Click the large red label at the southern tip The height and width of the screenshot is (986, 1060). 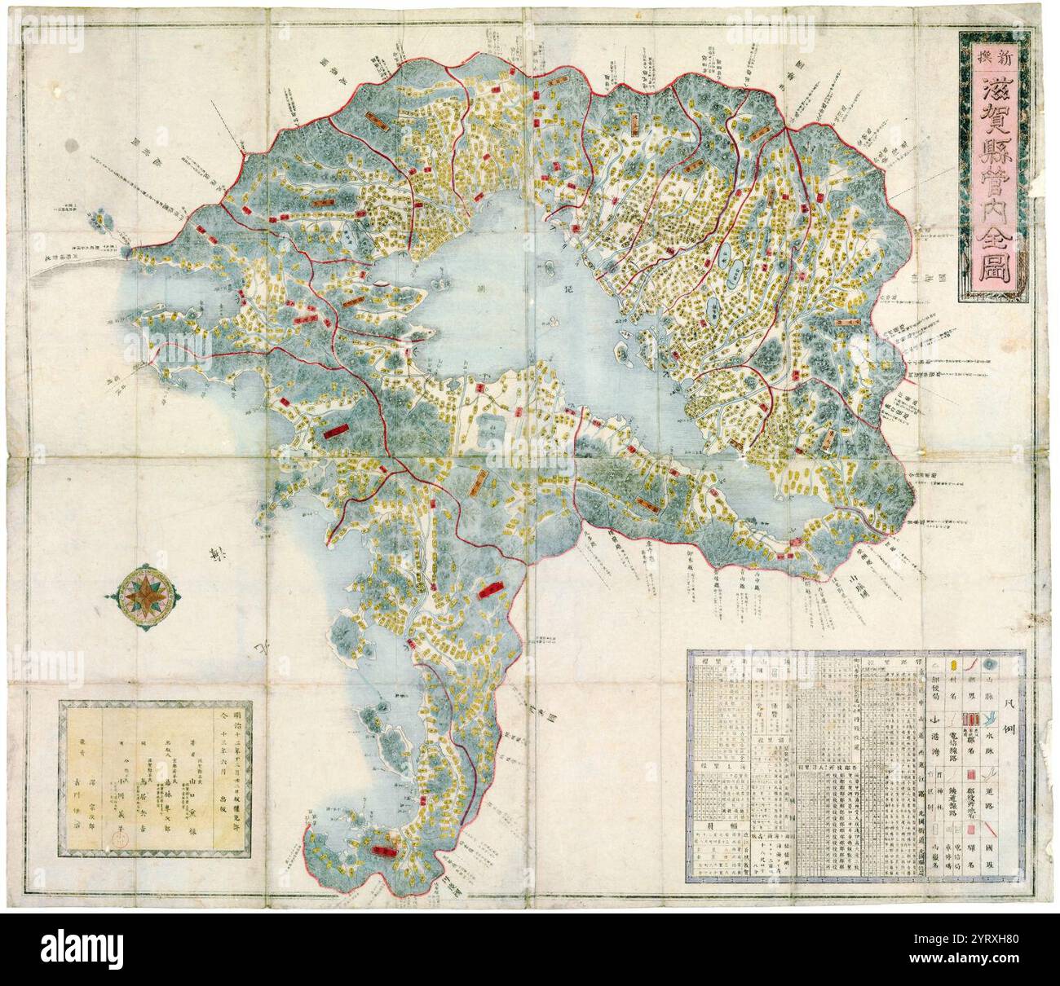[379, 850]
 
